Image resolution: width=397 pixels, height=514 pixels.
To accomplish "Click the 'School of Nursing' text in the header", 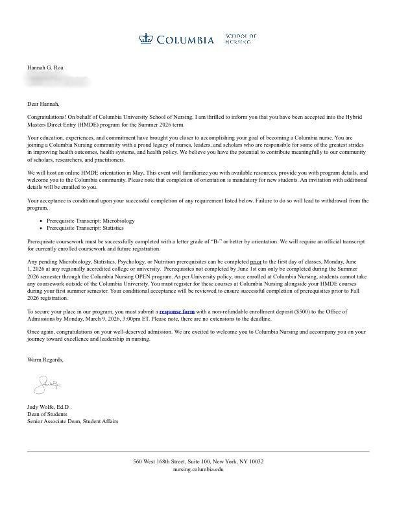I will tap(241, 38).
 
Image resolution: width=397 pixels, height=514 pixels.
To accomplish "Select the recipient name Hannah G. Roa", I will tap(45, 67).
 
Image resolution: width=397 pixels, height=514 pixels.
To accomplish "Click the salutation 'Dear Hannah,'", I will tap(43, 104).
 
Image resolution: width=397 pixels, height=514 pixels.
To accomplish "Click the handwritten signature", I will tap(47, 385).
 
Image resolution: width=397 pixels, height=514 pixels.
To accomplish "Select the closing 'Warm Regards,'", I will tap(45, 360).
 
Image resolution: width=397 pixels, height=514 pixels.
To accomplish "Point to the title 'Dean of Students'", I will tap(49, 414).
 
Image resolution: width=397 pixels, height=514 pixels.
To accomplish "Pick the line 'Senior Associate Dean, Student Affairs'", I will tap(73, 421).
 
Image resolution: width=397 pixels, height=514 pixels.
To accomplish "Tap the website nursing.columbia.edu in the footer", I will tap(198, 469).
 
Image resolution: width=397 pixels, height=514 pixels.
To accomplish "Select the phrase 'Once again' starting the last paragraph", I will tap(41, 332).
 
